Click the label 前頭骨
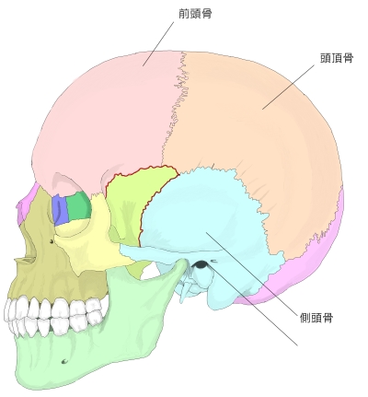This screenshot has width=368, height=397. pyautogui.click(x=195, y=14)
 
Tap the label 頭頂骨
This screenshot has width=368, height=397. pyautogui.click(x=337, y=58)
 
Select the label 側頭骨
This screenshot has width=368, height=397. pyautogui.click(x=316, y=318)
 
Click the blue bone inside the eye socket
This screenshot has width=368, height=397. pyautogui.click(x=60, y=210)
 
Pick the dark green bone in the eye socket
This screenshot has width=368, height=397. pyautogui.click(x=78, y=205)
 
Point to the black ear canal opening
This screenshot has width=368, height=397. pyautogui.click(x=201, y=264)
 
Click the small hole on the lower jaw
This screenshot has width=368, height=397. pyautogui.click(x=64, y=361)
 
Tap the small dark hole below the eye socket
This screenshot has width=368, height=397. pyautogui.click(x=52, y=241)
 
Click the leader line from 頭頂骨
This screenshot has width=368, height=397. pyautogui.click(x=288, y=87)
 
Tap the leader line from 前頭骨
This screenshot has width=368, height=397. pyautogui.click(x=158, y=43)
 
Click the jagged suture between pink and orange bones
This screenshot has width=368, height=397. pyautogui.click(x=175, y=108)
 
